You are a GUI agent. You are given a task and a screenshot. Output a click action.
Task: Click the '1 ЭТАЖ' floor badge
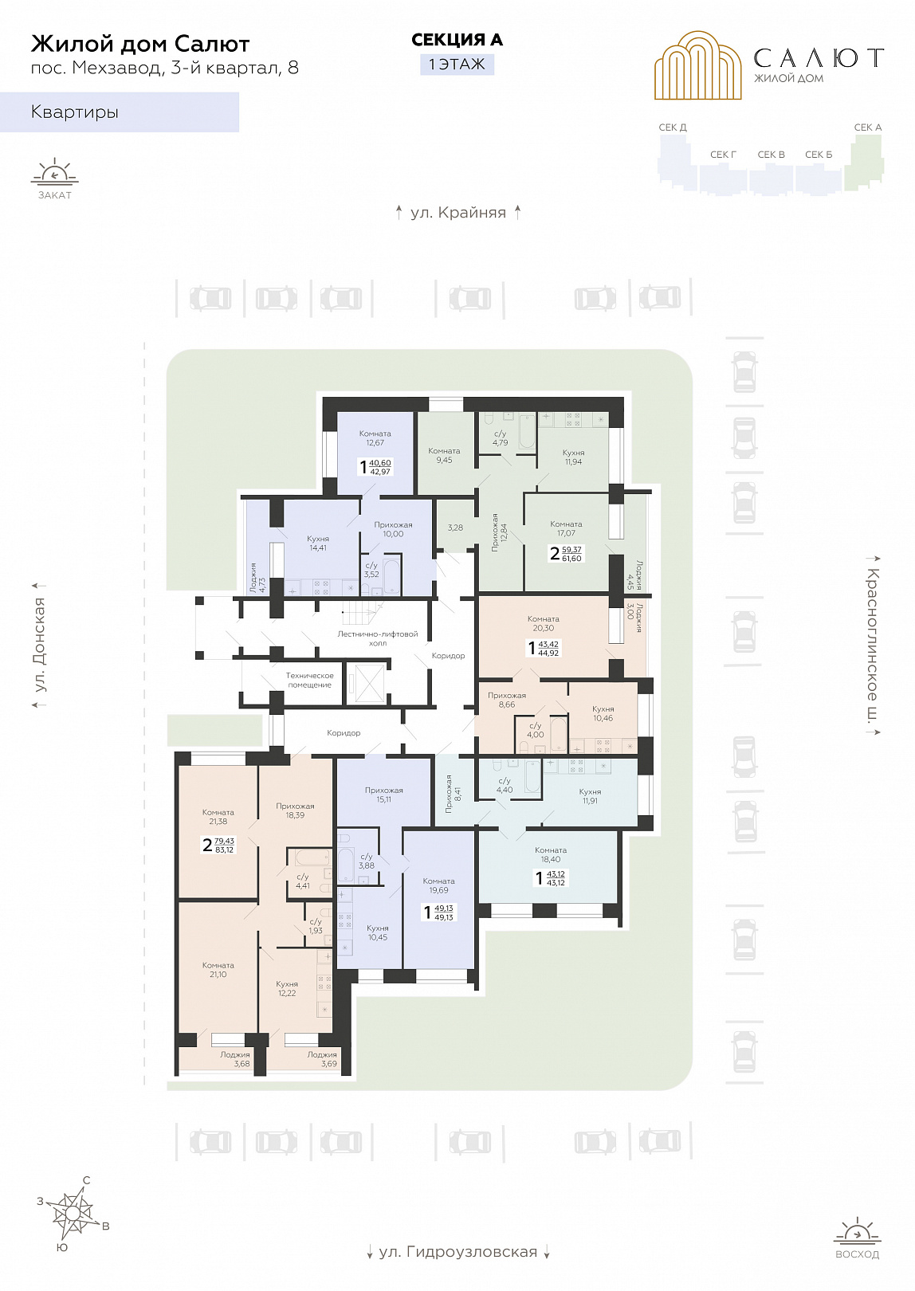[x=457, y=64]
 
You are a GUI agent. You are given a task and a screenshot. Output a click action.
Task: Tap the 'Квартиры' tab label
[x=75, y=112]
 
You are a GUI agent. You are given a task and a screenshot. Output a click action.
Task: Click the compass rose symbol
[x=73, y=1214]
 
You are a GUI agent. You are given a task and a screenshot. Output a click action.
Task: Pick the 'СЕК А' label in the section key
[x=868, y=128]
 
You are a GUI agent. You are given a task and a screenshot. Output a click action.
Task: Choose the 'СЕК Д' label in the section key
[x=673, y=128]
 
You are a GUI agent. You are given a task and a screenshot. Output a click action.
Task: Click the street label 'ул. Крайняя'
[x=457, y=213]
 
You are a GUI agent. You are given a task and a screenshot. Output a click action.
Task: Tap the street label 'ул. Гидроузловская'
[x=457, y=1252]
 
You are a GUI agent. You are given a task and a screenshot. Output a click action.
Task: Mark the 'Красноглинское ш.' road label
[x=873, y=645]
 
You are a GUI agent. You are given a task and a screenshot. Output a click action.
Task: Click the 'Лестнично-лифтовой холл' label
[x=378, y=638]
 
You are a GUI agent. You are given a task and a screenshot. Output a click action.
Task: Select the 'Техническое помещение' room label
[x=309, y=680]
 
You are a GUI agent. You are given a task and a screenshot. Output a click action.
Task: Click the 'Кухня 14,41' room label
[x=318, y=543]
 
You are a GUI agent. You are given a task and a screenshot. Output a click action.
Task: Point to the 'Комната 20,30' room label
[x=543, y=624]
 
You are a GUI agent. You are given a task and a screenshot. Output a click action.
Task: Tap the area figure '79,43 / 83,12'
[x=224, y=846]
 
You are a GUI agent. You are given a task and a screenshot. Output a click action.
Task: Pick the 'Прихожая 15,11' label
[x=383, y=795]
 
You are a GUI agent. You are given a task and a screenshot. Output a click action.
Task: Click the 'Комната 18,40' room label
[x=551, y=855]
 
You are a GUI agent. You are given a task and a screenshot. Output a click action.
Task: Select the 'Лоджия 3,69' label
[x=322, y=1059]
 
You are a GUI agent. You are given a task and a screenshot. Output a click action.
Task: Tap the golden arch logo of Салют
[x=698, y=65]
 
